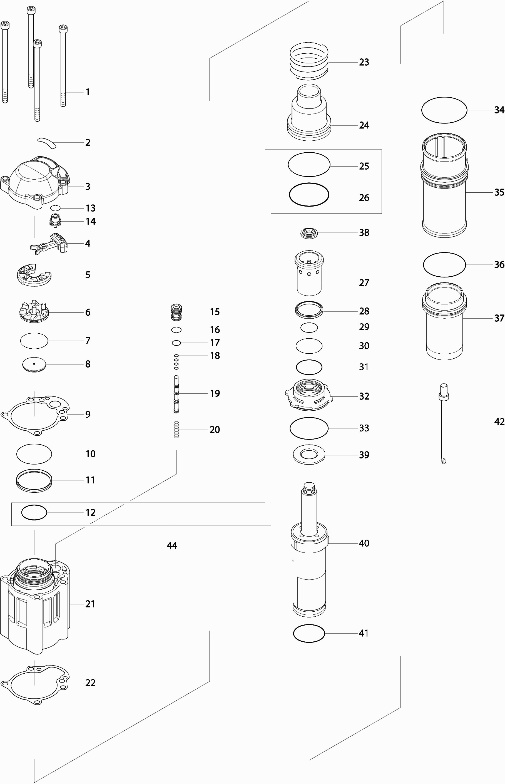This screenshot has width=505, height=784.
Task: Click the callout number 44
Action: tap(172, 545)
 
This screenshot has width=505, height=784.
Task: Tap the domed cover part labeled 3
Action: tap(34, 182)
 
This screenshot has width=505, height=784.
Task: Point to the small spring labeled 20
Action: tap(176, 430)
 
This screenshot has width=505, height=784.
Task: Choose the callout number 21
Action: tap(90, 604)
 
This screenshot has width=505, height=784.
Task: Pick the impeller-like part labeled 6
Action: tap(34, 312)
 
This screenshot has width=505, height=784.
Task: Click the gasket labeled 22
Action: tap(34, 683)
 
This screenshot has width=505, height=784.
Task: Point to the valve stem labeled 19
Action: tap(176, 394)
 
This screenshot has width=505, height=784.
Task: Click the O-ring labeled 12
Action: tap(34, 512)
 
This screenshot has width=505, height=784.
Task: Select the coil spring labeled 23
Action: tap(309, 61)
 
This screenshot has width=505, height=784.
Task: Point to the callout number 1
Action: tap(88, 92)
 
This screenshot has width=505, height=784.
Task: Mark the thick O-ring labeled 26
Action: tap(309, 195)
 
